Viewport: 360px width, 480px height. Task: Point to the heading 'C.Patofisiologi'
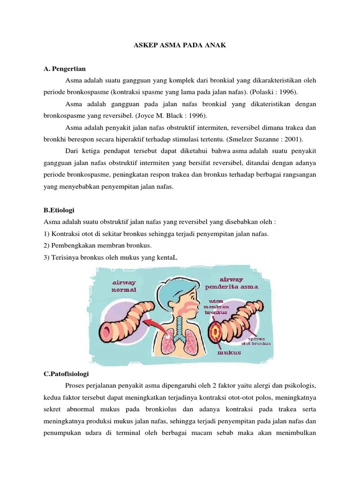click(x=66, y=374)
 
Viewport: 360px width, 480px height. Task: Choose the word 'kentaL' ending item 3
click(x=168, y=257)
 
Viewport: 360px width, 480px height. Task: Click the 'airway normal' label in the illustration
click(x=124, y=286)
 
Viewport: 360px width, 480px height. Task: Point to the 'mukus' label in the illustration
click(x=229, y=352)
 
